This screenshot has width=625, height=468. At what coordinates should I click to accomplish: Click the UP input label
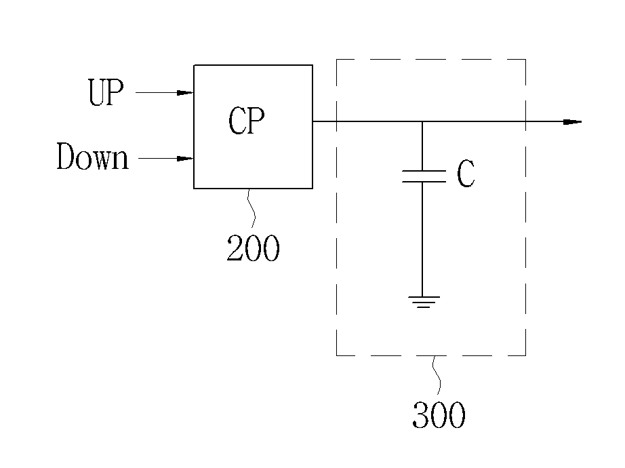coord(106,92)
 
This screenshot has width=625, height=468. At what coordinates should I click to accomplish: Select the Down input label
coord(92,157)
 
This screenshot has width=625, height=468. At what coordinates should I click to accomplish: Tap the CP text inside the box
coord(246,121)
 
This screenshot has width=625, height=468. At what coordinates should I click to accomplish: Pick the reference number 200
coord(253,248)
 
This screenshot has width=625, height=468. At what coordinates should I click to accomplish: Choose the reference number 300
coord(439,415)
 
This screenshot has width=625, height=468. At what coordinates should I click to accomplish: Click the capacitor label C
coord(466,174)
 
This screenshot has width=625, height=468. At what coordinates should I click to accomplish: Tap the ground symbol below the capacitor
coord(424,302)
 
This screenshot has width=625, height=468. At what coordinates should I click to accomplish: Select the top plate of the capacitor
coord(424,171)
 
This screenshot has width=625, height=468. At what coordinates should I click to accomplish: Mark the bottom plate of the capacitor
coord(424,182)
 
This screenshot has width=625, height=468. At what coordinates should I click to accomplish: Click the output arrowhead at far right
coord(573,121)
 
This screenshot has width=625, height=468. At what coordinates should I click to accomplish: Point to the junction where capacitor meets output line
coord(422,121)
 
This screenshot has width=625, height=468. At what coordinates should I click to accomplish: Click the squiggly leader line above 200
coord(251,208)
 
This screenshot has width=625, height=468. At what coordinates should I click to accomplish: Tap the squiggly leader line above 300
coord(437,376)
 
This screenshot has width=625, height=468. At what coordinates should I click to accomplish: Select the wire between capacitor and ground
coord(422,239)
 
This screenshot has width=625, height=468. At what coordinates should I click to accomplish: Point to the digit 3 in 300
coord(420,415)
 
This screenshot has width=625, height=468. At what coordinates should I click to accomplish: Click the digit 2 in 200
coord(235,248)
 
